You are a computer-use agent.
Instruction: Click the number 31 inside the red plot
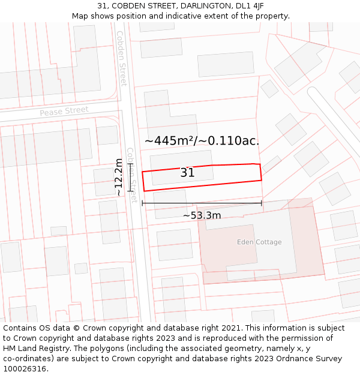click(x=187, y=173)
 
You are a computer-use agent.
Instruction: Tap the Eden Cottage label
click(x=259, y=242)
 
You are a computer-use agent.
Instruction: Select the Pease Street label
click(x=64, y=111)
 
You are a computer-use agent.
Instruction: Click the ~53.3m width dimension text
click(x=202, y=215)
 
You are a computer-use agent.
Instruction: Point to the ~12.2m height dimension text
click(x=119, y=177)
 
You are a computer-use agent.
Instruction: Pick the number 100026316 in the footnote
click(x=25, y=368)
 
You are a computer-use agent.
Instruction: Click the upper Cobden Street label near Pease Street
click(x=122, y=58)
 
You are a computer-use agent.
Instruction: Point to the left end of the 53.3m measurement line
click(x=142, y=203)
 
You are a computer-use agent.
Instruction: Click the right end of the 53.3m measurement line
click(x=262, y=203)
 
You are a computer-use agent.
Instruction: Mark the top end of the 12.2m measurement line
click(x=130, y=163)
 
